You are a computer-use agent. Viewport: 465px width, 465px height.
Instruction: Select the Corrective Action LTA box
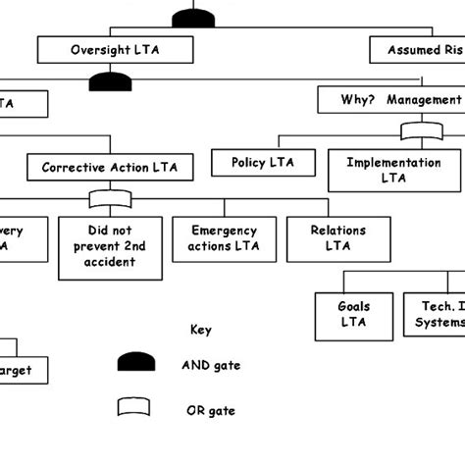tap(110, 168)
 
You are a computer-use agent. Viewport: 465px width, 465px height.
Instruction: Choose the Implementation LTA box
tap(394, 170)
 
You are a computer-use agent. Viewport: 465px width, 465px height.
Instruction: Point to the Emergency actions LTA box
tap(225, 238)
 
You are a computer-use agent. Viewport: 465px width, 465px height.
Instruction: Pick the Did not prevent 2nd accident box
tap(110, 246)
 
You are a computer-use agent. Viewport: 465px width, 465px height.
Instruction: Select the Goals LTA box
tap(354, 313)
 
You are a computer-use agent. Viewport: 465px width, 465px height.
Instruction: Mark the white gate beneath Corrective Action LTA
tap(110, 200)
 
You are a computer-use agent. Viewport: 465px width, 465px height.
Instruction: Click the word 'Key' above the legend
tap(200, 331)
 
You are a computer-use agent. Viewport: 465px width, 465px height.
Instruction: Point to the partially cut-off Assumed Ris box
tap(417, 49)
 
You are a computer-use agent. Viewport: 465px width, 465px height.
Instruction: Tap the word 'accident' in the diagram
tap(110, 262)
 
